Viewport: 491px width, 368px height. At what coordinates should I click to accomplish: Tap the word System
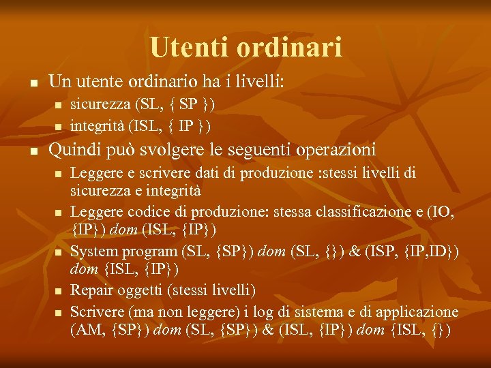tap(93, 251)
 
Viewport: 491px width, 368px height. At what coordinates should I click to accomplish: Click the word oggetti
tap(140, 291)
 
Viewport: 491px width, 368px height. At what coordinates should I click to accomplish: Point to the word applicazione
tap(417, 311)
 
